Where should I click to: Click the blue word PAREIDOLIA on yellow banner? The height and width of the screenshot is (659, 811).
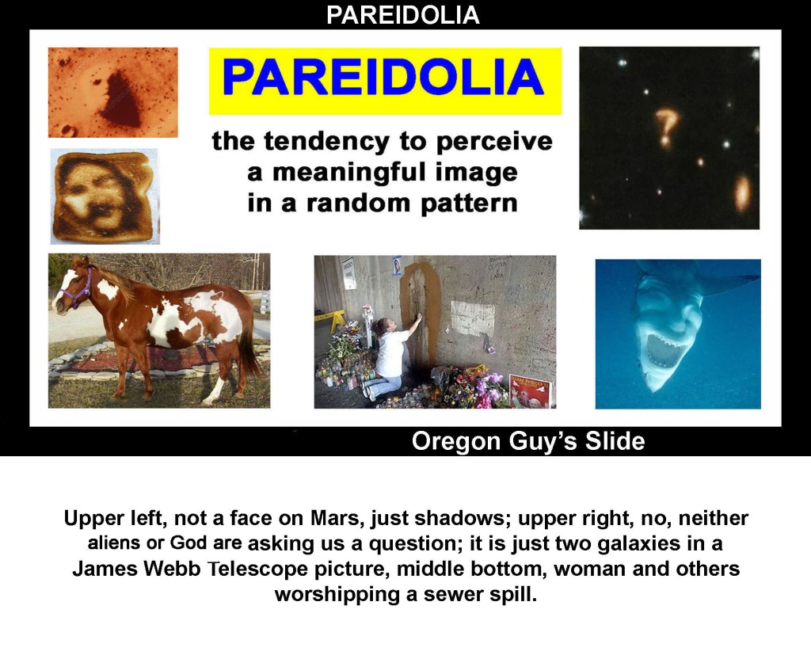click(383, 77)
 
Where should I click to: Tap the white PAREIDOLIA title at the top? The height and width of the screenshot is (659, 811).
click(403, 15)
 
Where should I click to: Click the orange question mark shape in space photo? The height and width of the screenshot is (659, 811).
click(665, 127)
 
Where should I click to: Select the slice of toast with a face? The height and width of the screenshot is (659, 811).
click(105, 197)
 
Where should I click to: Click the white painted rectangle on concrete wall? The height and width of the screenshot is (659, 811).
click(472, 318)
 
